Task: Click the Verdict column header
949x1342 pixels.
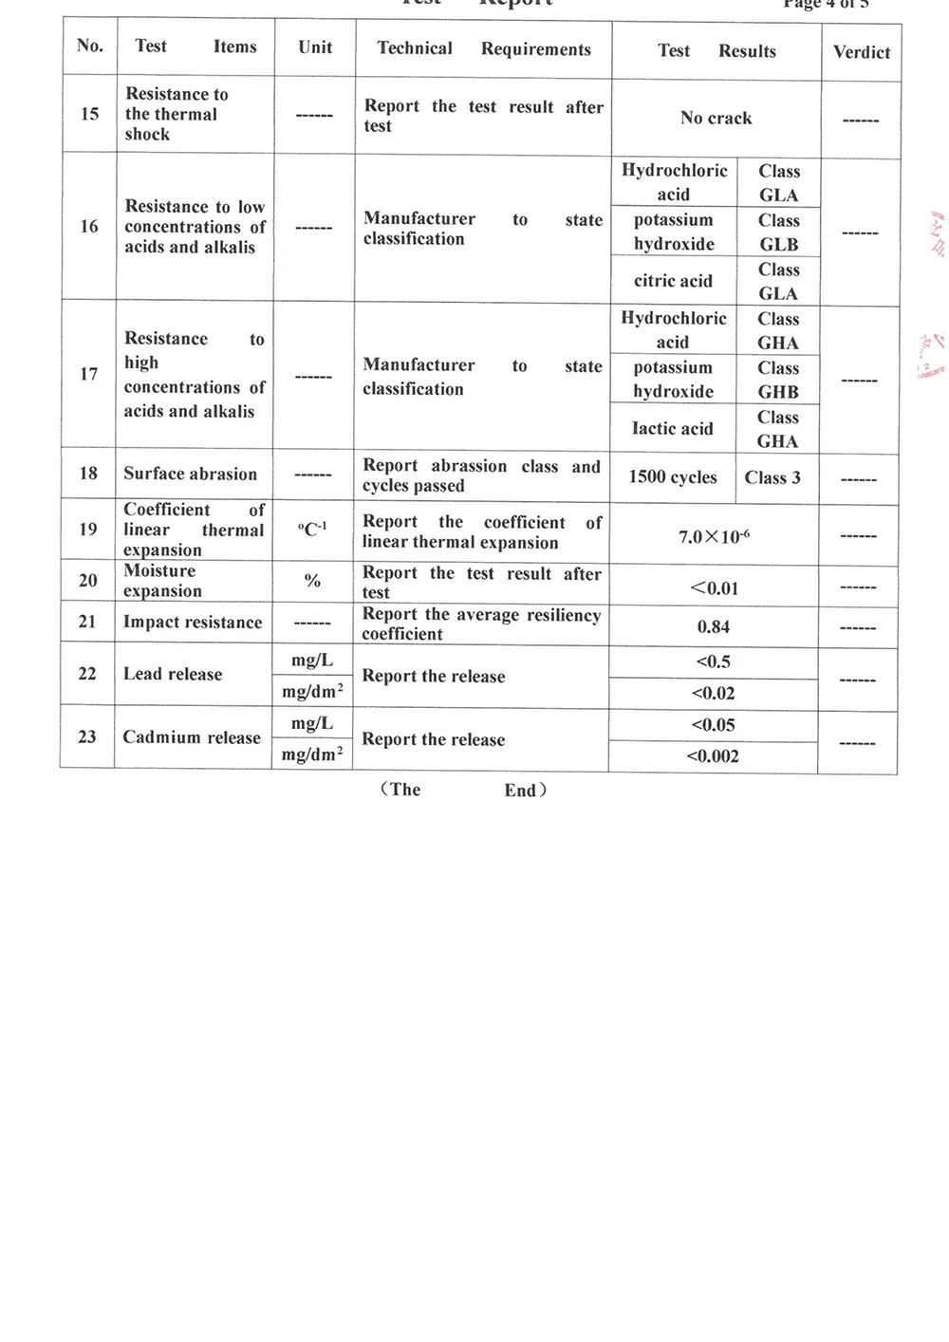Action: click(x=862, y=52)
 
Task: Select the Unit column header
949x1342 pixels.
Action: click(x=315, y=47)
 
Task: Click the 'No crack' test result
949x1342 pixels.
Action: click(x=716, y=119)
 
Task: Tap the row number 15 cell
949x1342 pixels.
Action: click(x=90, y=114)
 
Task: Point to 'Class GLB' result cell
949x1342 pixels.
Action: click(x=778, y=233)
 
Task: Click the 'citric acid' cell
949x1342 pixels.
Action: click(x=673, y=281)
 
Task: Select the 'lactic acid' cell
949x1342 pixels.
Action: click(x=672, y=429)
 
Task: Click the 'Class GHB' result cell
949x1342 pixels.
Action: click(x=778, y=380)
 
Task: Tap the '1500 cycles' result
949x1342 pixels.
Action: click(x=673, y=477)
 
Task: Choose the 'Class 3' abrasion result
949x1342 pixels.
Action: click(x=772, y=477)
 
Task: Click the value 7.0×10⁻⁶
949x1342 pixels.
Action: click(x=714, y=537)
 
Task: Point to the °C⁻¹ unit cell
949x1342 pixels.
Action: click(x=312, y=530)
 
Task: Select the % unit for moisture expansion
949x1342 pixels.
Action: click(x=312, y=581)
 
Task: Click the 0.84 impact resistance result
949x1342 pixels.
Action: click(x=714, y=627)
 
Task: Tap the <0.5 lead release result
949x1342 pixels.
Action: click(x=714, y=662)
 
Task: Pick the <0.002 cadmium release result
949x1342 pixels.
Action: click(x=713, y=756)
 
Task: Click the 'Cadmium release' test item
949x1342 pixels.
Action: click(x=192, y=737)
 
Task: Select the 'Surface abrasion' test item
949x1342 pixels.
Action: click(x=190, y=474)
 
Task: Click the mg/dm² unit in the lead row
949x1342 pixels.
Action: click(x=312, y=692)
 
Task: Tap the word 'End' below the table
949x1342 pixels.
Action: click(x=521, y=791)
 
